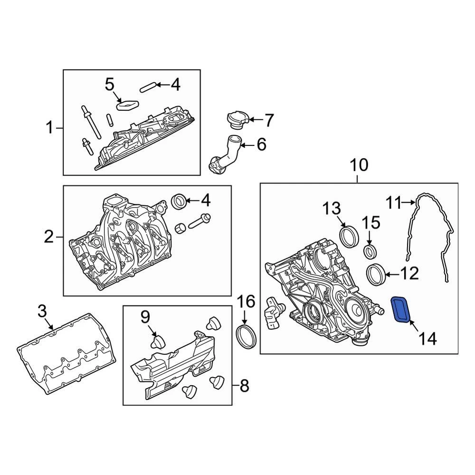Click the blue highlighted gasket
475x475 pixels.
pyautogui.click(x=400, y=310)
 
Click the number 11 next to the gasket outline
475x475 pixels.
pyautogui.click(x=393, y=203)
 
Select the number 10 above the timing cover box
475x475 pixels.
pyautogui.click(x=359, y=165)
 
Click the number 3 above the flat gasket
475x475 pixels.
pyautogui.click(x=42, y=312)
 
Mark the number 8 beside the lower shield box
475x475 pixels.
pyautogui.click(x=244, y=386)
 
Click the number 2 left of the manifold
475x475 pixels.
pyautogui.click(x=49, y=237)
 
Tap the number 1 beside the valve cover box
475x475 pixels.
pyautogui.click(x=49, y=128)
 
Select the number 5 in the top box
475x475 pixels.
pyautogui.click(x=110, y=85)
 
